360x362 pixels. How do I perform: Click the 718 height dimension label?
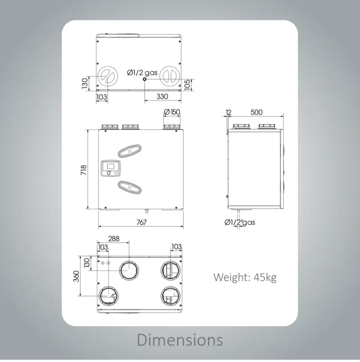coord(84,170)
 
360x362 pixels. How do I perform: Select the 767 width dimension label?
coord(141,222)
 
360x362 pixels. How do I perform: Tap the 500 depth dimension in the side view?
coord(256,112)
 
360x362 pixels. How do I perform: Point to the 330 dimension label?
coord(162,96)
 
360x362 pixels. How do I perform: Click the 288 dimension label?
coord(114,238)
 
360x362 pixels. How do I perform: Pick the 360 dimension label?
coord(76,276)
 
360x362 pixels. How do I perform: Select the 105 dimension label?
coord(187,85)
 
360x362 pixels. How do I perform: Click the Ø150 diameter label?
coord(172,112)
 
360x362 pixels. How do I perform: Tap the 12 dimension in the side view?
coord(228,112)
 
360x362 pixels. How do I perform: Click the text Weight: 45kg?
coord(245,277)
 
